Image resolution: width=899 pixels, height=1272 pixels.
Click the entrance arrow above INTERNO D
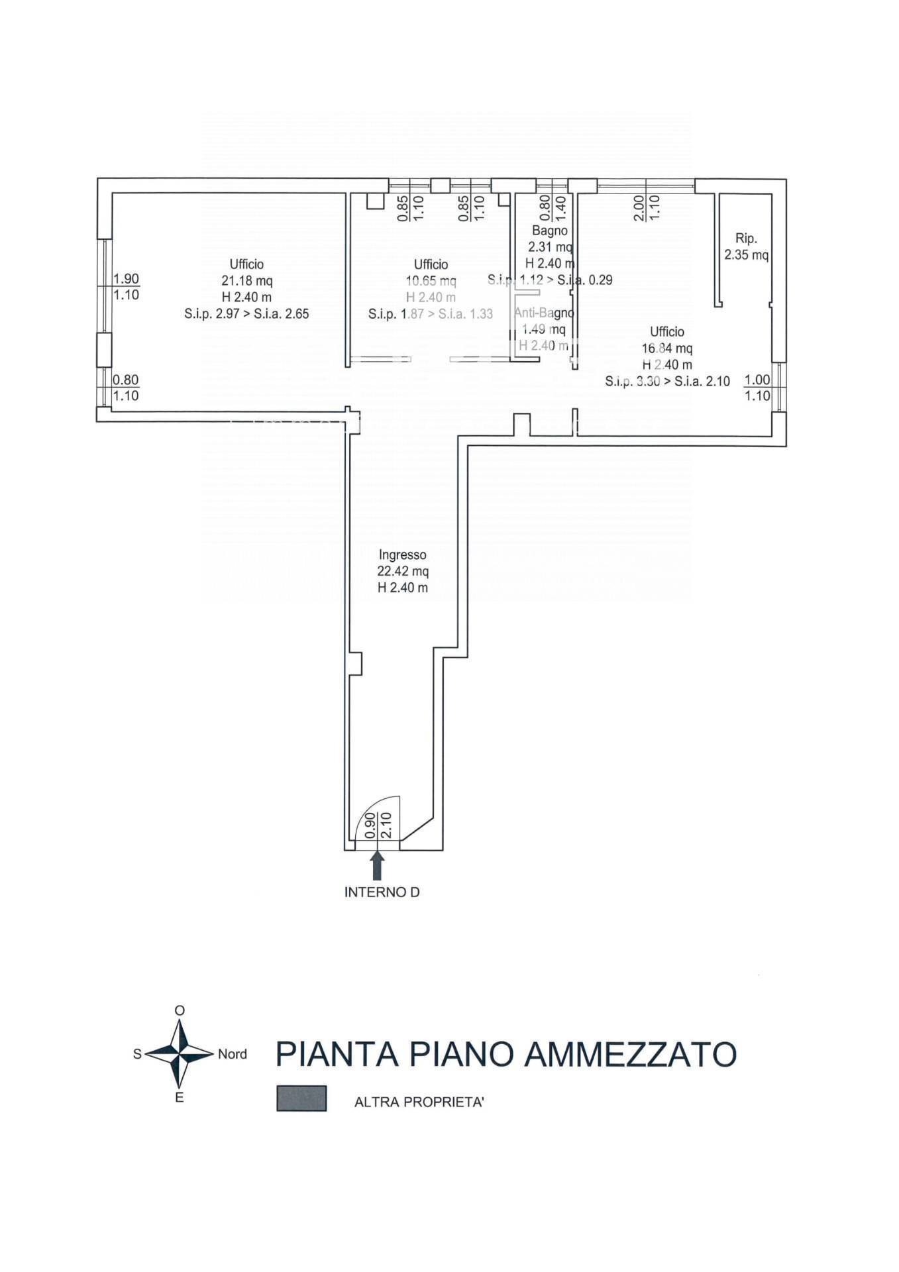point(377,865)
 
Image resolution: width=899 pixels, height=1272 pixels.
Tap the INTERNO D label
point(382,892)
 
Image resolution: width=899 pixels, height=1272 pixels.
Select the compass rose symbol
point(179,1053)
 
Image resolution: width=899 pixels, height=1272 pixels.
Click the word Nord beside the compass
point(232,1054)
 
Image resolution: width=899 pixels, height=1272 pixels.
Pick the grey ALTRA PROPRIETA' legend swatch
point(301,1098)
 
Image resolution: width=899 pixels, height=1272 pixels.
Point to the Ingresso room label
point(402,555)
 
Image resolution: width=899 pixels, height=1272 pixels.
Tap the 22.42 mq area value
point(402,571)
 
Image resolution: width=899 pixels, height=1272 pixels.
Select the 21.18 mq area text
point(246,281)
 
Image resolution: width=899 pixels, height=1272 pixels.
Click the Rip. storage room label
point(746,238)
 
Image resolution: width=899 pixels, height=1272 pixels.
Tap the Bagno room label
point(549,231)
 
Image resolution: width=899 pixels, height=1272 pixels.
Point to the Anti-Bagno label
point(543,313)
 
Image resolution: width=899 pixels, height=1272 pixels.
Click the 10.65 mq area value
point(431,281)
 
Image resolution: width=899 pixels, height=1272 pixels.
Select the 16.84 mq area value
point(666,348)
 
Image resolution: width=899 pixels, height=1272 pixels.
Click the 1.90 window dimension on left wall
point(126,279)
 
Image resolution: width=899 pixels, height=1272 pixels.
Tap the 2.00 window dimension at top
point(639,208)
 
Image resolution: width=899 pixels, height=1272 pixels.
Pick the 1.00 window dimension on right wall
point(757,380)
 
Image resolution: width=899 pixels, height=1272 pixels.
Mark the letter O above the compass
point(179,1010)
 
